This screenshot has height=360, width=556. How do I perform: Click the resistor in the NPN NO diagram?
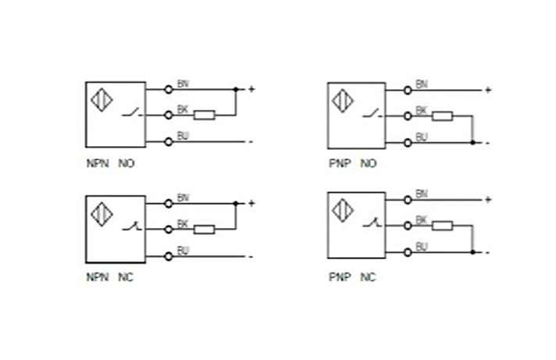click(x=204, y=115)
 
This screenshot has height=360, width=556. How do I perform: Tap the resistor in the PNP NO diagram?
click(x=443, y=116)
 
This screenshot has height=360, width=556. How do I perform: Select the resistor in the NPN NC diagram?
click(x=204, y=229)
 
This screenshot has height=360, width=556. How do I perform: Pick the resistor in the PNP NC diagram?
click(x=443, y=226)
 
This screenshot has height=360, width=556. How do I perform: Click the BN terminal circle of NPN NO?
click(x=168, y=89)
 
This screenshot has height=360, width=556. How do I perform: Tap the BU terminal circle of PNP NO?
click(x=408, y=143)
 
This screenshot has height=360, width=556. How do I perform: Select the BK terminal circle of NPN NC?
click(x=168, y=229)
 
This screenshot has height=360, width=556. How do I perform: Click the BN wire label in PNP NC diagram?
click(x=422, y=193)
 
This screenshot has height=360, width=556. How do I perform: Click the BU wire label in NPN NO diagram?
click(x=183, y=136)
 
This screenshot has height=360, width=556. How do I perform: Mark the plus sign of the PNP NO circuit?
click(x=488, y=90)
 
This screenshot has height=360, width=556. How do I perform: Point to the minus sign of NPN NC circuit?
click(x=250, y=256)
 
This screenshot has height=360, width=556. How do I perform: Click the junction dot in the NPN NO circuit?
click(x=236, y=89)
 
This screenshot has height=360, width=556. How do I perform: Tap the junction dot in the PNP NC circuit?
click(x=473, y=252)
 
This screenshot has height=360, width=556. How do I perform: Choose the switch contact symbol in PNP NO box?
click(x=372, y=115)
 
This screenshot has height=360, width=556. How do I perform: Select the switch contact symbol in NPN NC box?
click(x=131, y=227)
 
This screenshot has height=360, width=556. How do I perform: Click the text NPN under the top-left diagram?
click(x=96, y=164)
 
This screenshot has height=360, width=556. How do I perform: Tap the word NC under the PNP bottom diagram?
click(x=368, y=276)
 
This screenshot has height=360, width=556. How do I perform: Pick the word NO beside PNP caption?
click(x=368, y=164)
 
